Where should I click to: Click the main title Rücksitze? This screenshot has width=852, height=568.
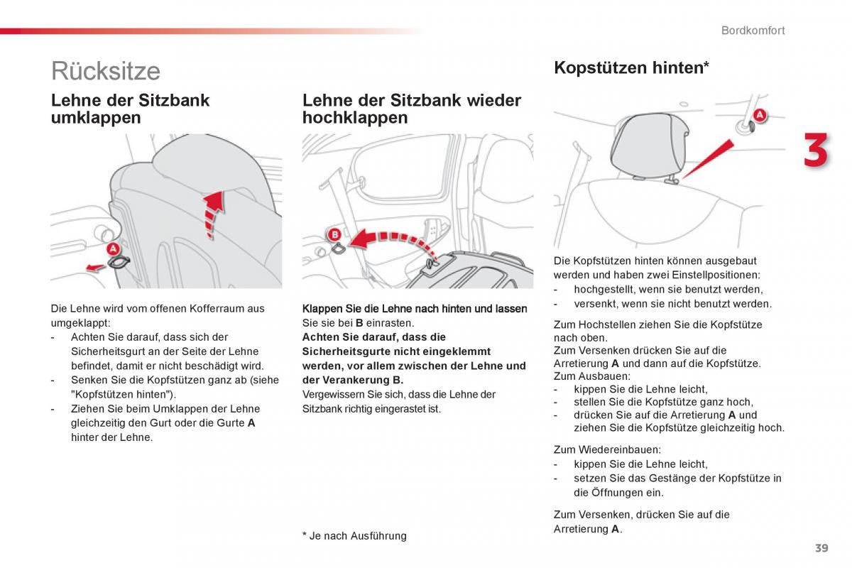click(106, 71)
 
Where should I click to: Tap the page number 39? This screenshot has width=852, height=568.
click(821, 547)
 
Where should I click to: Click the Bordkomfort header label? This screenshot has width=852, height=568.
click(753, 31)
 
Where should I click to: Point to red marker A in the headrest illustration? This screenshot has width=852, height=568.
click(758, 115)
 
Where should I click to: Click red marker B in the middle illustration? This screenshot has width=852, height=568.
click(334, 234)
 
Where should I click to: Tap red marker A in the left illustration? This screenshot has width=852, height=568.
click(112, 249)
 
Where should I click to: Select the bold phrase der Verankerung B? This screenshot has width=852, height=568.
click(352, 380)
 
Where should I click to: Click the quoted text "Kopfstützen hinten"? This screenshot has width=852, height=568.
click(122, 394)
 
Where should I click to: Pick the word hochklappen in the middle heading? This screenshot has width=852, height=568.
click(355, 118)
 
